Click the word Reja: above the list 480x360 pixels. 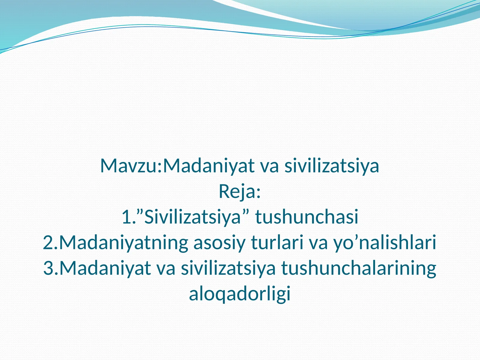click(x=240, y=192)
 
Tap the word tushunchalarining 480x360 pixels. click(x=358, y=268)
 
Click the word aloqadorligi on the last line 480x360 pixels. click(x=240, y=294)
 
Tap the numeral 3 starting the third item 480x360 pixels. click(x=49, y=268)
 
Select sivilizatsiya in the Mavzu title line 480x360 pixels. click(x=332, y=166)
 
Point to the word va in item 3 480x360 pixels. click(x=166, y=268)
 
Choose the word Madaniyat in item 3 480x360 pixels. click(x=105, y=268)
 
